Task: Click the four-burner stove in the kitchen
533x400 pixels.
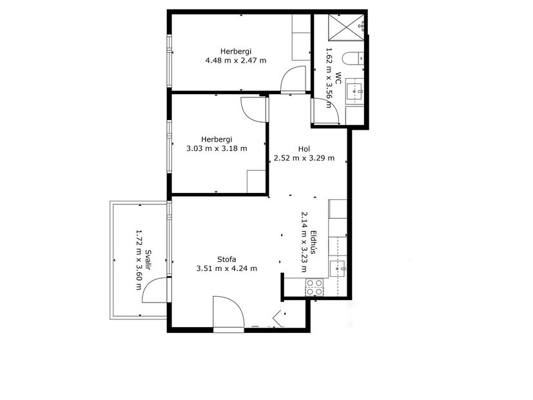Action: pos(315,286)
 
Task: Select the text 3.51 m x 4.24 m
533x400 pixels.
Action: pos(226,269)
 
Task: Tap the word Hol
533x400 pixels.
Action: pos(304,149)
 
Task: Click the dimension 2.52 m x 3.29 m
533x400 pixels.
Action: pos(304,158)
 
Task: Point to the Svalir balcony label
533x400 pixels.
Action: pos(148,260)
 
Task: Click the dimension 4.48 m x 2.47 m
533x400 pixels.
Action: pos(235,61)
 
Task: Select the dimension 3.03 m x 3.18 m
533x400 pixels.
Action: pos(216,148)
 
